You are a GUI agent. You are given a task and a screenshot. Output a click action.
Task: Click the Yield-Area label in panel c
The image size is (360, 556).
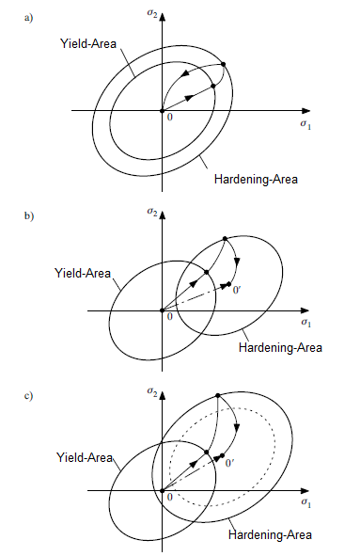coord(84,457)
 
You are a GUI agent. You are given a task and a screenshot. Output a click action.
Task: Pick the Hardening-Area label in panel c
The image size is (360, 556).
coord(270,534)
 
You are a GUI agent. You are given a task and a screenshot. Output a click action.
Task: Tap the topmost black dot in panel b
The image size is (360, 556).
coord(225,239)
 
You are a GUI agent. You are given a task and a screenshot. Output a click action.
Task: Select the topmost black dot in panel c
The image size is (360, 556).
coord(218,395)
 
